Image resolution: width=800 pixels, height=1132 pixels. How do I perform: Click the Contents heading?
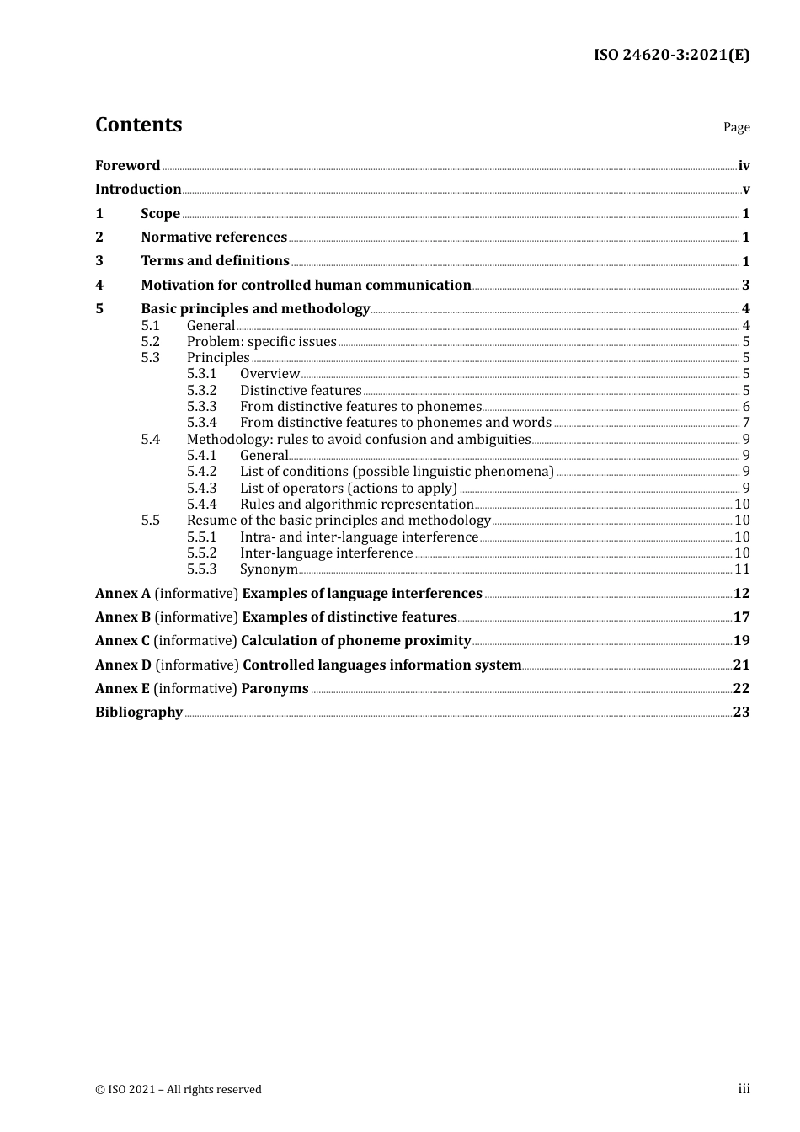138,125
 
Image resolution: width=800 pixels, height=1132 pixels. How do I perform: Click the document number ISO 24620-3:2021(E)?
671,55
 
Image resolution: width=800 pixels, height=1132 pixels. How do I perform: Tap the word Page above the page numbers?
736,127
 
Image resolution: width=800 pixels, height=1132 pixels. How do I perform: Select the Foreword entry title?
127,166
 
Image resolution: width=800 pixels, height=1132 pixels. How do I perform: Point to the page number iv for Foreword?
744,166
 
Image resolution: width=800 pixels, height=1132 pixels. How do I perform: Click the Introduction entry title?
138,190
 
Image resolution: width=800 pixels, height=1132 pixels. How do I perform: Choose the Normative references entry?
214,238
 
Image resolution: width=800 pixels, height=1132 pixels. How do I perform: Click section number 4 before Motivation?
99,286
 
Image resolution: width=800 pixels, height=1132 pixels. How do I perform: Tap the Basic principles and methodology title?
255,309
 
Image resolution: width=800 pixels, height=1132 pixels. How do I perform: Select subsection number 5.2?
150,342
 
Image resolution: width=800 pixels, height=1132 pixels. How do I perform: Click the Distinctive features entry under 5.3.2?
301,391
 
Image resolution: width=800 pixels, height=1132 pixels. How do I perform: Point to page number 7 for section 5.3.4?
746,423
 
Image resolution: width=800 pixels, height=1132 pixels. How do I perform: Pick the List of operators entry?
349,489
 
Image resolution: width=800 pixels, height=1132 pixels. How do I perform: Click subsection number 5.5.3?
201,569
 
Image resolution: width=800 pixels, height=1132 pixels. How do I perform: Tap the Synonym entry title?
269,569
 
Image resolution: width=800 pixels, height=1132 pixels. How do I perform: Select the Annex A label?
117,594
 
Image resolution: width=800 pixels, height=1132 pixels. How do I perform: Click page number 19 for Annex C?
741,641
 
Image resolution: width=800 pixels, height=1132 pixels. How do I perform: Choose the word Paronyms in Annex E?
275,689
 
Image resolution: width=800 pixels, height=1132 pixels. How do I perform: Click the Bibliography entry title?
139,713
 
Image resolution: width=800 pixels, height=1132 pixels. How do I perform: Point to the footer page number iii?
744,1089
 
